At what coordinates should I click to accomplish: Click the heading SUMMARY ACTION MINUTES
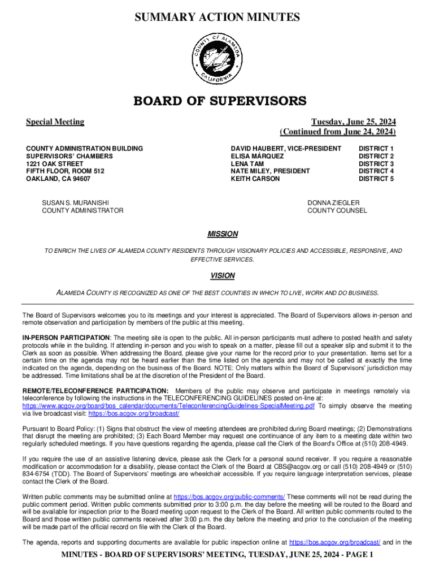point(217,18)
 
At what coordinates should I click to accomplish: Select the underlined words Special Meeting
point(55,122)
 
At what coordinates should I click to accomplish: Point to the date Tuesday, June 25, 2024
point(354,122)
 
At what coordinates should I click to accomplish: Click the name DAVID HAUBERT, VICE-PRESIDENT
point(286,148)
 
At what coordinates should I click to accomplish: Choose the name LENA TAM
point(247,163)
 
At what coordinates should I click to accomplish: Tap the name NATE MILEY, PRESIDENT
point(270,171)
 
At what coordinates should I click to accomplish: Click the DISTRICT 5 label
point(376,179)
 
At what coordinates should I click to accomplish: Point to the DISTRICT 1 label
point(376,148)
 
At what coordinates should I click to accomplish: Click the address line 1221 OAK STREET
point(55,163)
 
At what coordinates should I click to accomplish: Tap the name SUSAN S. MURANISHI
point(76,202)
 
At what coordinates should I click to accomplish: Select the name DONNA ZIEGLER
point(333,202)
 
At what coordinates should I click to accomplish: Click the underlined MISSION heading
point(223,234)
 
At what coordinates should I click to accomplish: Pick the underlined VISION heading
point(223,276)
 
